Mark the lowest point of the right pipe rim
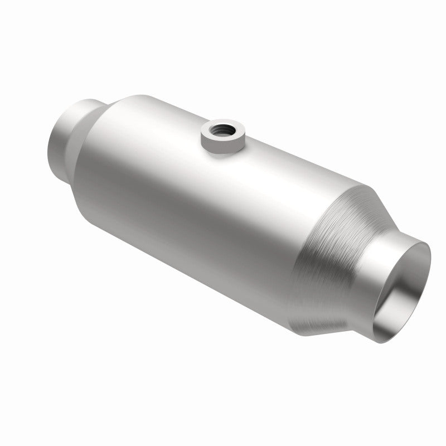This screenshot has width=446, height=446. pyautogui.click(x=379, y=342)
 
